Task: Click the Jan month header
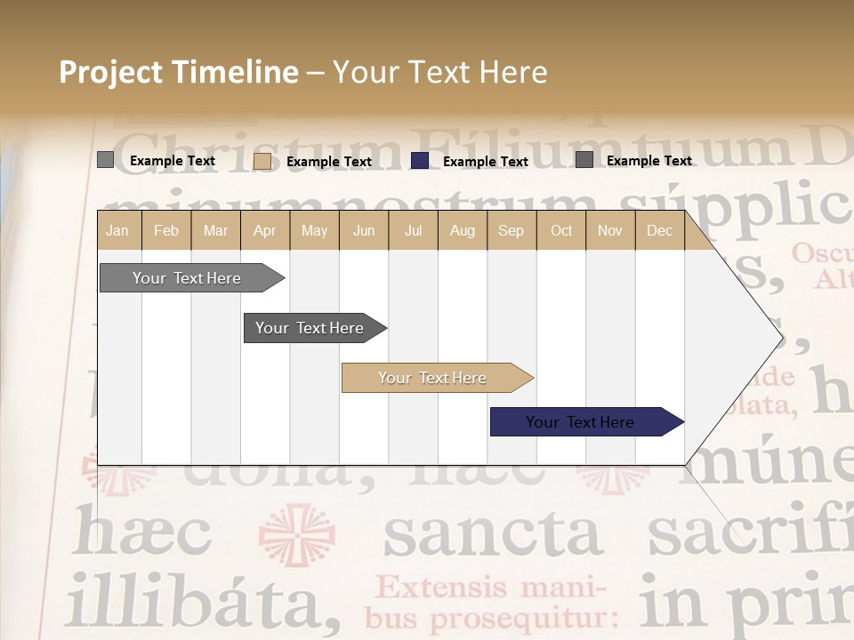117,231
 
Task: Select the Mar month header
215,231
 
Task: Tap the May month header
314,231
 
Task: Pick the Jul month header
413,231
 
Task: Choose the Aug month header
462,231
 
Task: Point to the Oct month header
561,231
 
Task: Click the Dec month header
659,231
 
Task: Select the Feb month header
166,231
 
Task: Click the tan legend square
262,161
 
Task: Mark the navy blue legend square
420,161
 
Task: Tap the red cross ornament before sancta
297,535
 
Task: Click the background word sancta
492,533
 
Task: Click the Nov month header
610,231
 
